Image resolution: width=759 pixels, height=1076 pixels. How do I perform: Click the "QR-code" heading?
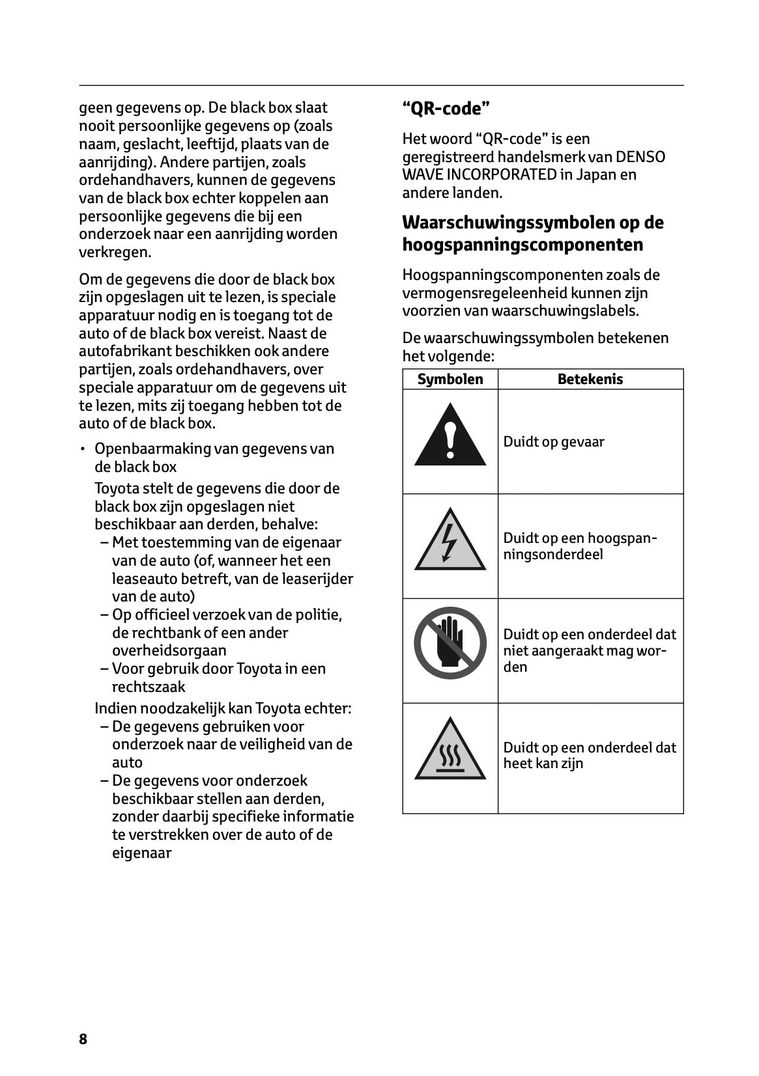(x=446, y=109)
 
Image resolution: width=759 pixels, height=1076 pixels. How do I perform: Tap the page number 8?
(x=83, y=1039)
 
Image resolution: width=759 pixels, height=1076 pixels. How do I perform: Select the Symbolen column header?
(x=450, y=379)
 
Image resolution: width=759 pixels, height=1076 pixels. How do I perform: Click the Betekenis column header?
(x=590, y=379)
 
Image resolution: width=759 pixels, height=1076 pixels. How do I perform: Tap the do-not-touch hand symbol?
(x=450, y=642)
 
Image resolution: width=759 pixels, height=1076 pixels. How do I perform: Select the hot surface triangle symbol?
(x=450, y=752)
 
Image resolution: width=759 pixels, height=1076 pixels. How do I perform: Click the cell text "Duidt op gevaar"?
(x=553, y=442)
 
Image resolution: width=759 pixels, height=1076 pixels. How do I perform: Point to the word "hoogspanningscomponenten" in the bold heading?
(x=523, y=245)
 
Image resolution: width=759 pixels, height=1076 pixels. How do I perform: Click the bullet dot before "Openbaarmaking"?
(x=83, y=449)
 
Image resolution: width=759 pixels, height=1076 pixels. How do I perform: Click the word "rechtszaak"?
(x=149, y=687)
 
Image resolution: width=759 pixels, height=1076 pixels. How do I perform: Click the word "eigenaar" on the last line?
(x=141, y=853)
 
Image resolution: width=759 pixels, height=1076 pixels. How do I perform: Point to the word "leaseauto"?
(x=145, y=579)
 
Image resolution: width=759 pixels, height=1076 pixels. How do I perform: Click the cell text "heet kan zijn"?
(x=543, y=764)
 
